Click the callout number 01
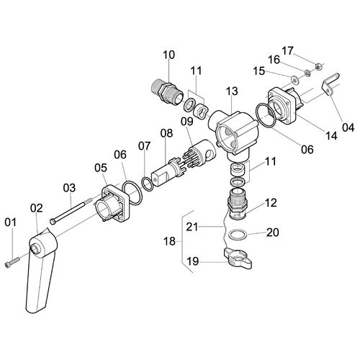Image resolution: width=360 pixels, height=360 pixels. (11, 222)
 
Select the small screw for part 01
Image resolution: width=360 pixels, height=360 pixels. (12, 261)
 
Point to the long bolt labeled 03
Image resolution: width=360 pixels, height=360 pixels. (71, 210)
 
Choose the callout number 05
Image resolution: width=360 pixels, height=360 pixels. (101, 168)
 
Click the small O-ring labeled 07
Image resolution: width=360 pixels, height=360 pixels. (147, 184)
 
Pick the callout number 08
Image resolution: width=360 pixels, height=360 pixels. (166, 133)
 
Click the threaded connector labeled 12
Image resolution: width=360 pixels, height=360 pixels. (238, 204)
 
